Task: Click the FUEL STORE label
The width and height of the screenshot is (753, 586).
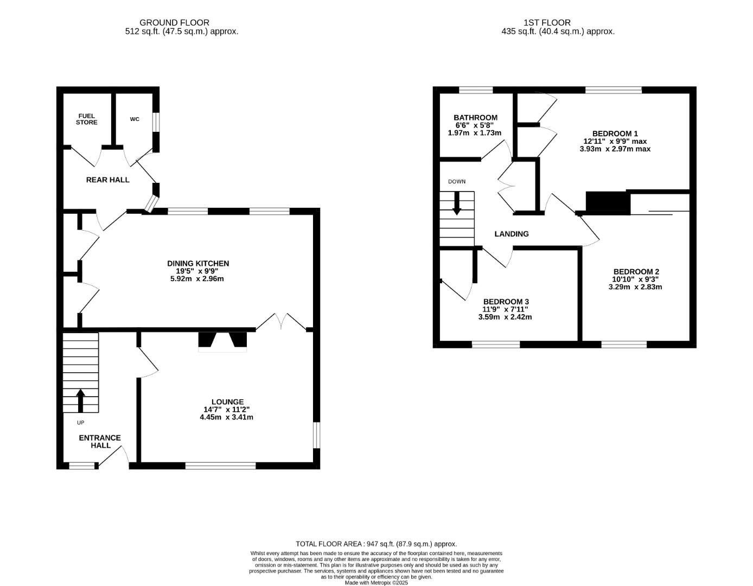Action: coord(87,119)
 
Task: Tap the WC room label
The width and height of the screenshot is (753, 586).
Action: coord(135,119)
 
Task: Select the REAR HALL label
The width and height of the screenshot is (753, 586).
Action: coord(108,180)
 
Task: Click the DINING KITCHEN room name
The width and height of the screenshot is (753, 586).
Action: coord(198,263)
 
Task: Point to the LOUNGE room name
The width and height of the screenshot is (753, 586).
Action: coord(227,402)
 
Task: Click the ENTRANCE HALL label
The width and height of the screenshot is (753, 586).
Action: coord(100,442)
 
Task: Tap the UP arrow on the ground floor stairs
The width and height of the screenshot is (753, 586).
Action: coord(81,400)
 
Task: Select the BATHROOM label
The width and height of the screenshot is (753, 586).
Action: coord(475,118)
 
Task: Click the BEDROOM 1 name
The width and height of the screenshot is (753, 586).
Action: coord(615,133)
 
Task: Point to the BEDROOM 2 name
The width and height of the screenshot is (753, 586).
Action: coord(636,272)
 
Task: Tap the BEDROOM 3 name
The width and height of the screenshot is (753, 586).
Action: coord(506,302)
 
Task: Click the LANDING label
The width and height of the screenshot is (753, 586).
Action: coord(511,234)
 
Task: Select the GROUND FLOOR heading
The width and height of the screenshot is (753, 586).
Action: coord(174,23)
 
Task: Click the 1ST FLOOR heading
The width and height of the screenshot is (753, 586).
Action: coord(547,23)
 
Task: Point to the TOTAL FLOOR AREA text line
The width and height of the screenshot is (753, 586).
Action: coord(376,544)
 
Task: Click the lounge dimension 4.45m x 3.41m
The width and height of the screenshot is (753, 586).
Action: coord(226,417)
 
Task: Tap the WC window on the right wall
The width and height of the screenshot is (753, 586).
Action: coord(156,122)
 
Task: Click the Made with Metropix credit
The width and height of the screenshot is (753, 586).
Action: coord(376,583)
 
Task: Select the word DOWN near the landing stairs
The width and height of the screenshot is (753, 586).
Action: coord(456,182)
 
